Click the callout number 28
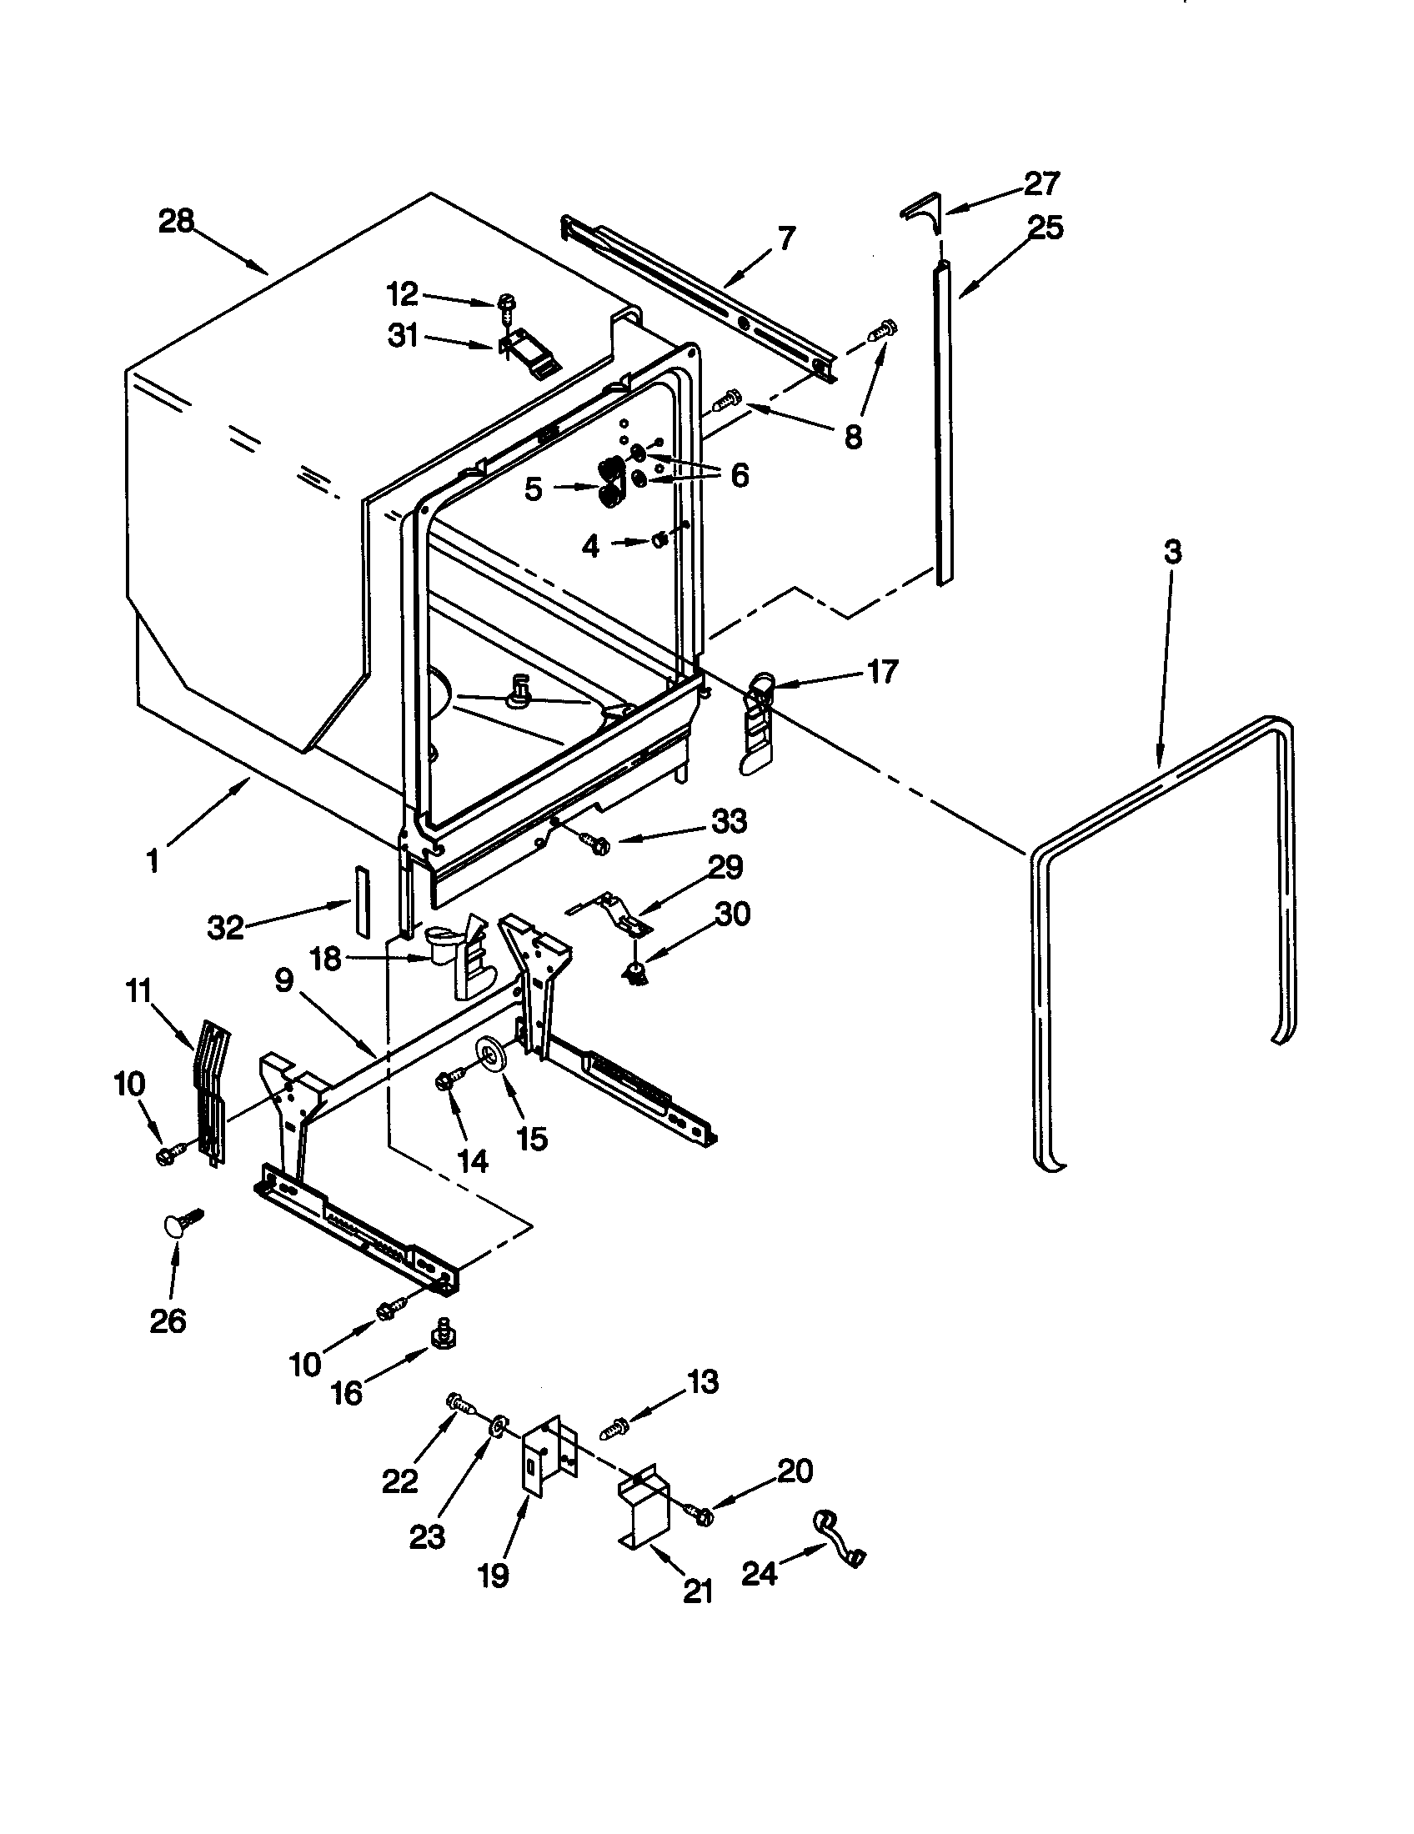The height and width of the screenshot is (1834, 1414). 176,223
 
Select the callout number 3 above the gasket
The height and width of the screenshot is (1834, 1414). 1172,553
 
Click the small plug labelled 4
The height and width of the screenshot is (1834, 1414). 659,539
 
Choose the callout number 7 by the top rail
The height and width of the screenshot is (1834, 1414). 785,238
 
